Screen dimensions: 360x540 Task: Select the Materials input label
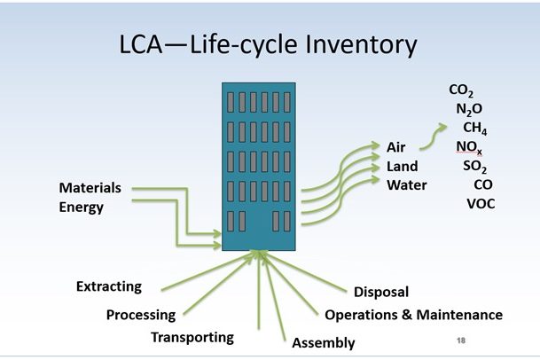(90, 188)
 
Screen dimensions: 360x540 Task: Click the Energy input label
(82, 207)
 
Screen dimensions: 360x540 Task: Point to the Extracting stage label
(108, 286)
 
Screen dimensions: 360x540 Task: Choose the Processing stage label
(140, 315)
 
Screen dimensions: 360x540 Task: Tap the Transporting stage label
(192, 337)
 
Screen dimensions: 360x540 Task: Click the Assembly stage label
(324, 342)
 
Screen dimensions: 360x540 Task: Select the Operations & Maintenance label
(413, 315)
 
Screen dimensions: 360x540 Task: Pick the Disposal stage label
(381, 292)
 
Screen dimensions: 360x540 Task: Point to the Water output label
(406, 185)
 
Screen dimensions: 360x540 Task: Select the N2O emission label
(469, 110)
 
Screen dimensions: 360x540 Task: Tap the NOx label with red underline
(470, 147)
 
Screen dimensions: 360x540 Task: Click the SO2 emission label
(475, 166)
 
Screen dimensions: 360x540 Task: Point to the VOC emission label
(481, 204)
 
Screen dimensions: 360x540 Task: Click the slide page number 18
(460, 340)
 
